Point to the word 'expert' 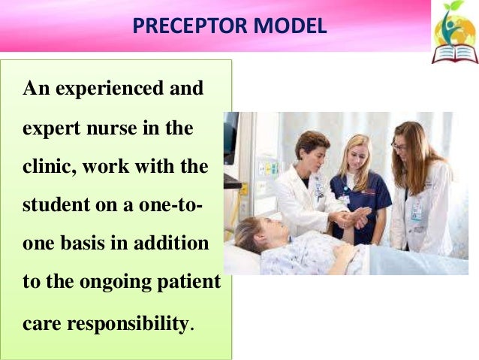pos(49,129)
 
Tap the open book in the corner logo pos(454,52)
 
